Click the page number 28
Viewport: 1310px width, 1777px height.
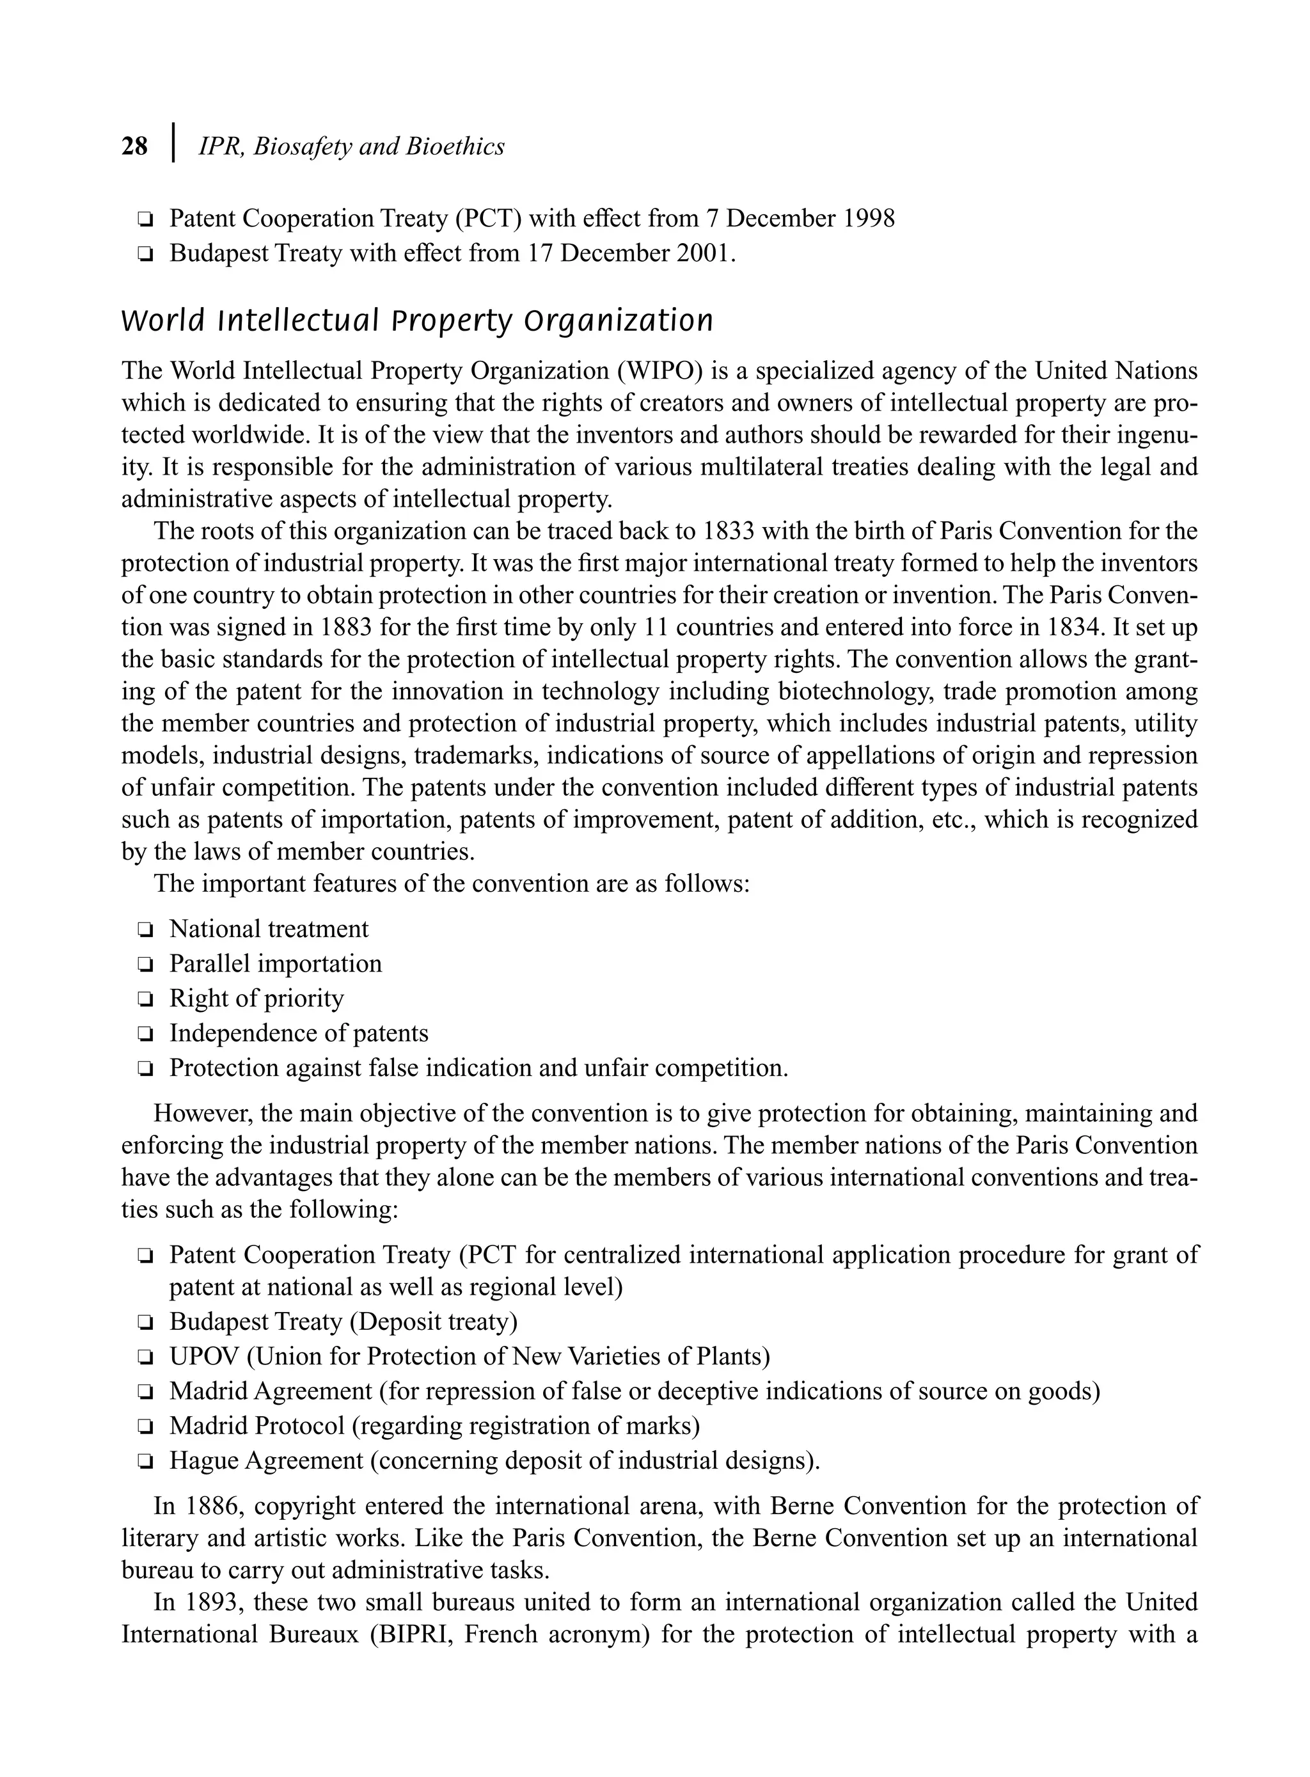point(135,146)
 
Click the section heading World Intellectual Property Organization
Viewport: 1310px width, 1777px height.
point(417,321)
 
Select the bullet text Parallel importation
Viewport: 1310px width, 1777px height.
point(275,964)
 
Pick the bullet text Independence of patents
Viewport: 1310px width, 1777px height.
point(298,1034)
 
